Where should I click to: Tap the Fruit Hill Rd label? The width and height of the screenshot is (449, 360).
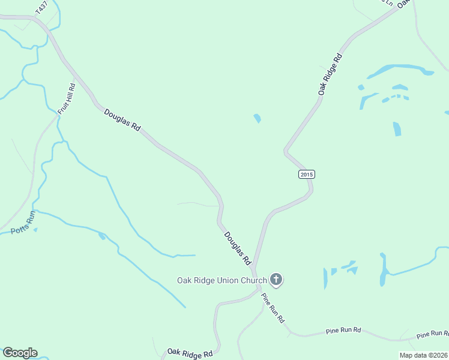click(x=67, y=98)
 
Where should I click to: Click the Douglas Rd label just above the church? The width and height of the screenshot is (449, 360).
click(x=237, y=248)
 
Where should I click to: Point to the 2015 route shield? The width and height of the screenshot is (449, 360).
click(x=306, y=174)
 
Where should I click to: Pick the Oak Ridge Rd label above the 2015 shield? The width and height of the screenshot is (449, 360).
click(x=330, y=74)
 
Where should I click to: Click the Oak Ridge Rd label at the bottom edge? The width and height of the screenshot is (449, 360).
click(x=190, y=353)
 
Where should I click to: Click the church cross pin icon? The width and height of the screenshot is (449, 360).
click(x=276, y=279)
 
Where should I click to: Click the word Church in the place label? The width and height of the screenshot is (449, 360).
click(x=253, y=280)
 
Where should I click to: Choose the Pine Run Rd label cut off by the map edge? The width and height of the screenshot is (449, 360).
click(x=432, y=334)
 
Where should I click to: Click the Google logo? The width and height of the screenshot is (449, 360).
click(x=20, y=353)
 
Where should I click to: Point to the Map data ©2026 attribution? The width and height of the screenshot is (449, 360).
click(x=423, y=355)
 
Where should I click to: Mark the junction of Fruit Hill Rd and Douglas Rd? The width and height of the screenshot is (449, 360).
click(x=74, y=79)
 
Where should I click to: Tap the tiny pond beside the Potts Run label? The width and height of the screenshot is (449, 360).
click(x=35, y=229)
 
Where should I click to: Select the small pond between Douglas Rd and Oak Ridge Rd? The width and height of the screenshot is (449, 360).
click(x=258, y=118)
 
